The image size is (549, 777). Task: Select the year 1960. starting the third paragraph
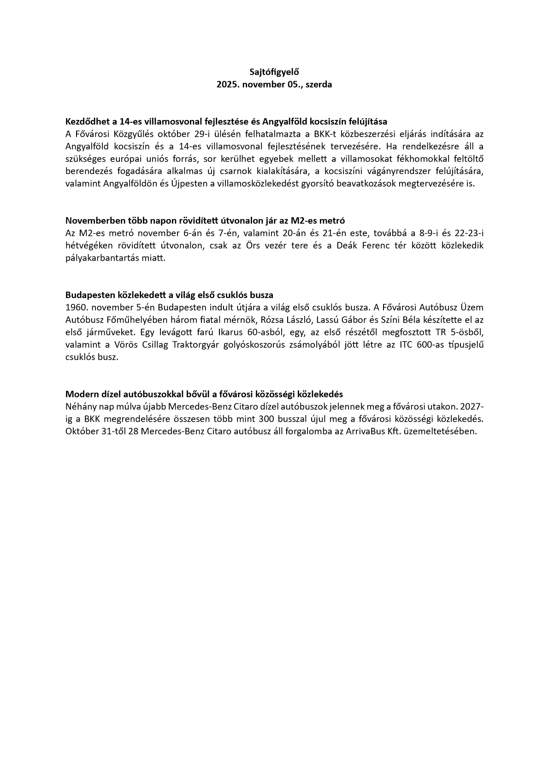[77, 307]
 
